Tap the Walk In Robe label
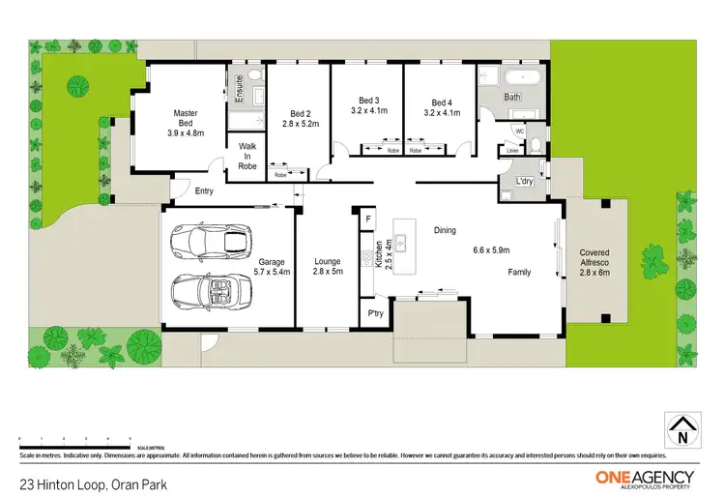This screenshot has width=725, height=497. point(246,156)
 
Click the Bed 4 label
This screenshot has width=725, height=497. point(440,102)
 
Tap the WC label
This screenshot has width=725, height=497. point(519,131)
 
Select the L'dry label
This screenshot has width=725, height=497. point(526,182)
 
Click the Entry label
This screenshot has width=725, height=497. point(204,191)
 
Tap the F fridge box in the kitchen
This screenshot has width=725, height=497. point(367,219)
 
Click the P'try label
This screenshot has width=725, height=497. point(373,314)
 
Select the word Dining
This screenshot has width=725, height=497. point(445,230)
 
